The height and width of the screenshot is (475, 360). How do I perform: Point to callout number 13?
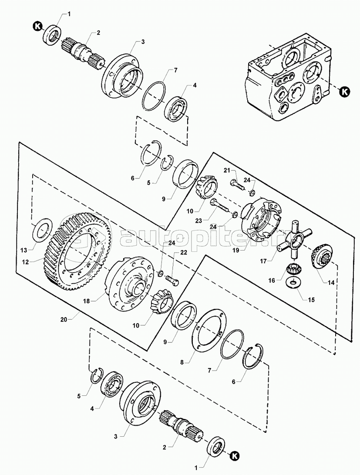click(24, 250)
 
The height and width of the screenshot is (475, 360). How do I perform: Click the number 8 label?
click(182, 362)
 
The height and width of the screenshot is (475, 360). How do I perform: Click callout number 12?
click(26, 262)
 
